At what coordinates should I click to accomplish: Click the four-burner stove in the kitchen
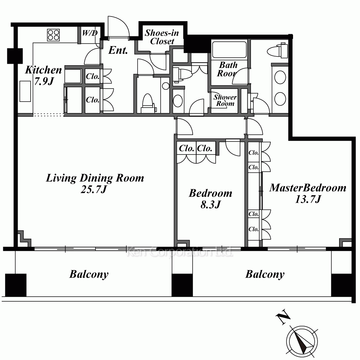pos(54,35)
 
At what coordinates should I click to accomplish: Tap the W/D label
pos(90,33)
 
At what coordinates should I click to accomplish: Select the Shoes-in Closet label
pos(162,37)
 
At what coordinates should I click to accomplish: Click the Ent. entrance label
pos(118,50)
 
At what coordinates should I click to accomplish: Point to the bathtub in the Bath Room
pos(229,49)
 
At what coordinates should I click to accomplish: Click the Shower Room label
pos(225,100)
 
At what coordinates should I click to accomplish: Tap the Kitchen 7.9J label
pos(44,75)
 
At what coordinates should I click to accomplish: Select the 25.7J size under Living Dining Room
pos(94,189)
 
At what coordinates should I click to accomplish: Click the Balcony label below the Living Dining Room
pos(89,274)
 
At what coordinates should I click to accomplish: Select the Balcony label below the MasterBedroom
pos(265,274)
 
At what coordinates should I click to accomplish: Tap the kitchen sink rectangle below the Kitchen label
pos(25,91)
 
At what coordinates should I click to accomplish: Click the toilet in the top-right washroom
pos(278,50)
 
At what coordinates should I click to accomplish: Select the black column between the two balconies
pos(182,285)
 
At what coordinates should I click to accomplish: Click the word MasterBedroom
pos(308,188)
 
